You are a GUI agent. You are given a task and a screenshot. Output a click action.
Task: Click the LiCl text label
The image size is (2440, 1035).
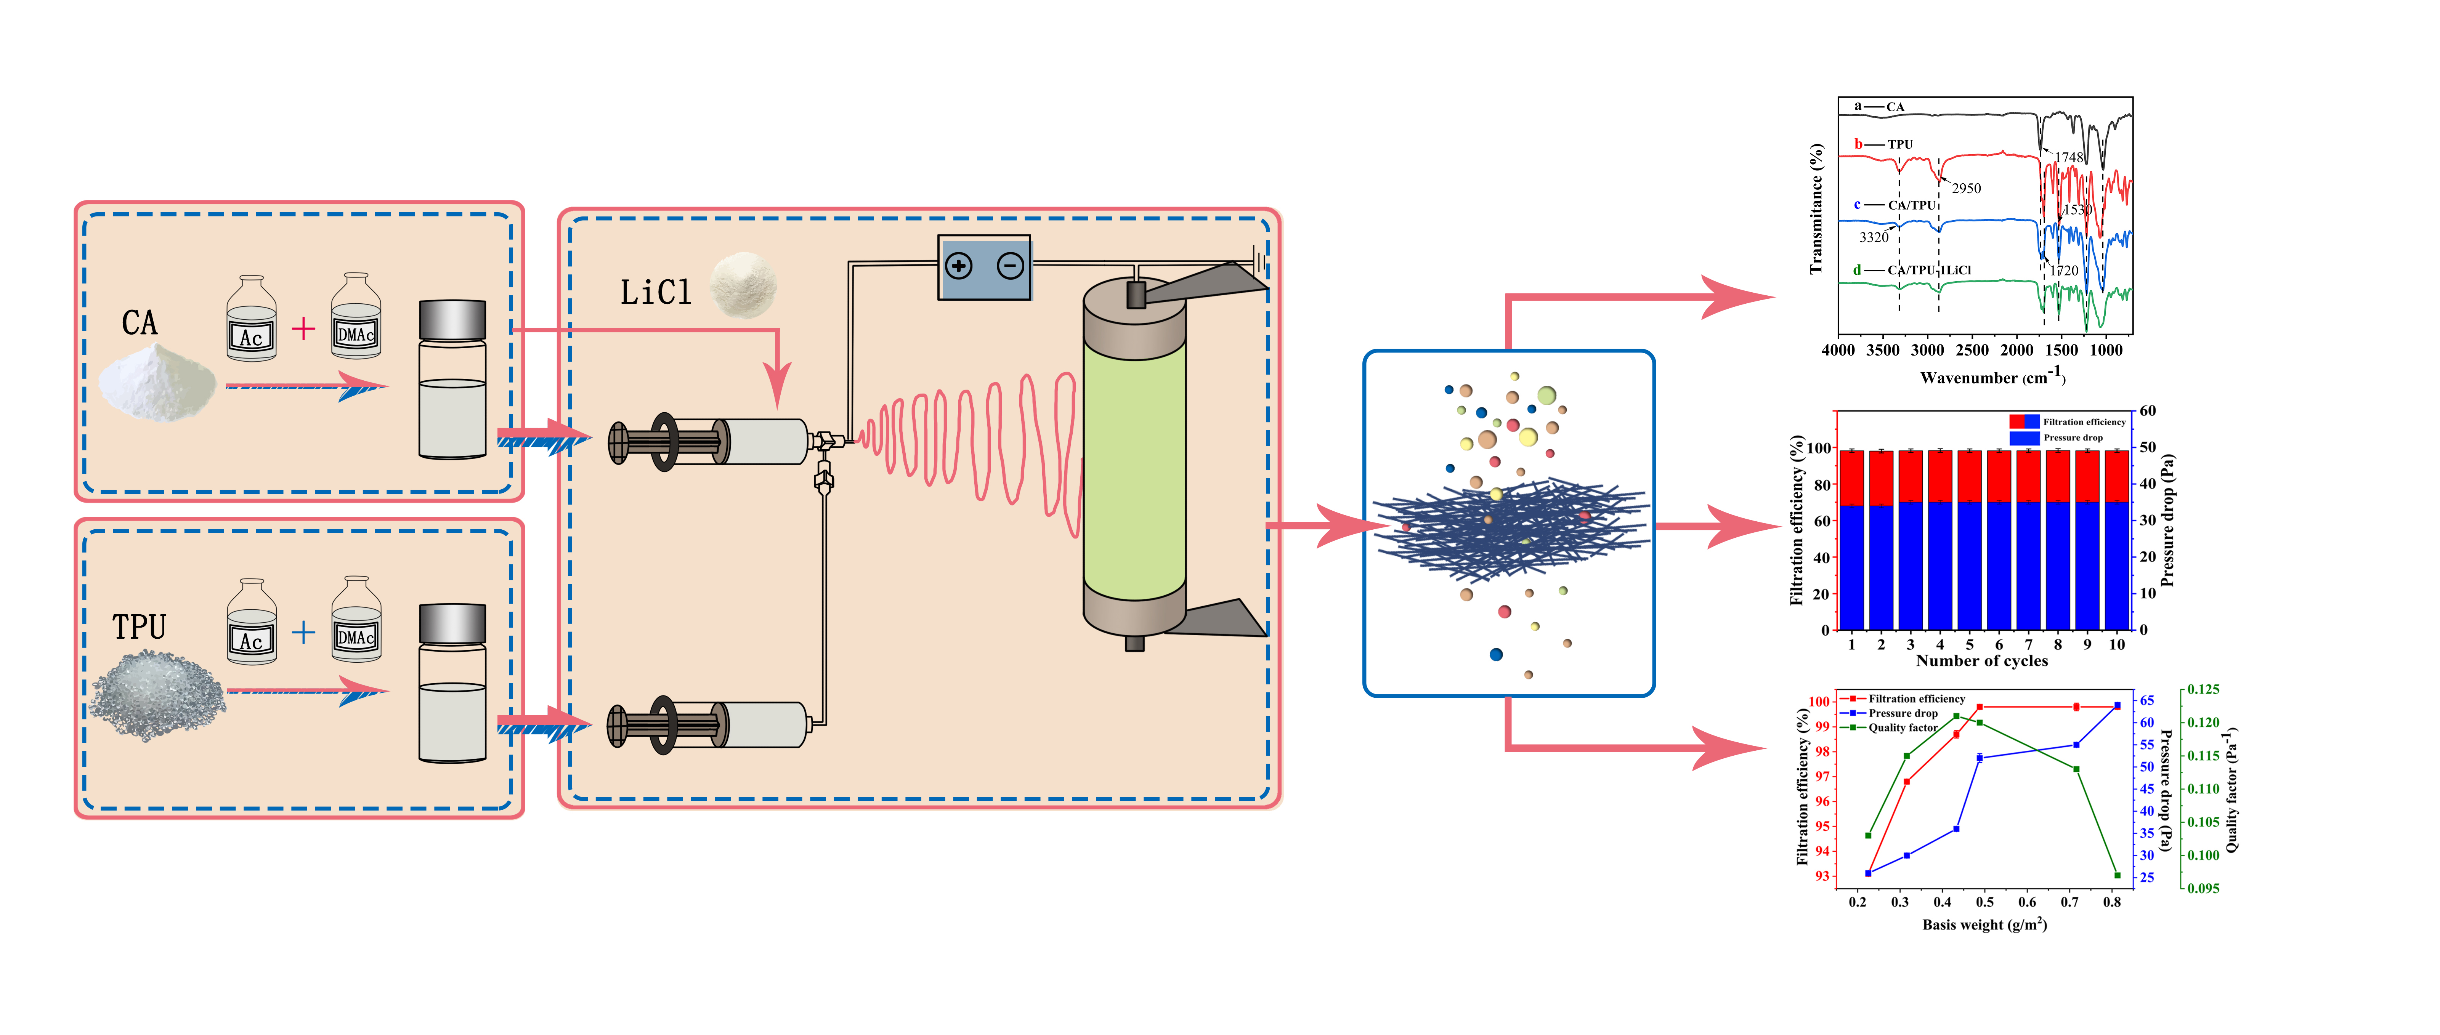[656, 293]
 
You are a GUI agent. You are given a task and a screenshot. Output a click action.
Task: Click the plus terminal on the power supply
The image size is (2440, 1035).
[959, 266]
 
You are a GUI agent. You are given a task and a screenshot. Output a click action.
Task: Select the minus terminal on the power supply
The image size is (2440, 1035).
[1011, 266]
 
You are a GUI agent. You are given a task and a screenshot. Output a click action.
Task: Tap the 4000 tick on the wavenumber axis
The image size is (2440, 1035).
[1838, 350]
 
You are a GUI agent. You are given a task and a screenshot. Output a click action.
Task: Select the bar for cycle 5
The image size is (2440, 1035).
[1969, 540]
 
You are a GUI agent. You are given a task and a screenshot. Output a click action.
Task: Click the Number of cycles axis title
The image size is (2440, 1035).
[1981, 661]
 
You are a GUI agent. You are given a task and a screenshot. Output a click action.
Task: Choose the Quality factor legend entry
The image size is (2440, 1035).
[1902, 727]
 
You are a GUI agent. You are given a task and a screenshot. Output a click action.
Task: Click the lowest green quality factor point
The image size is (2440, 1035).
[2117, 875]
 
